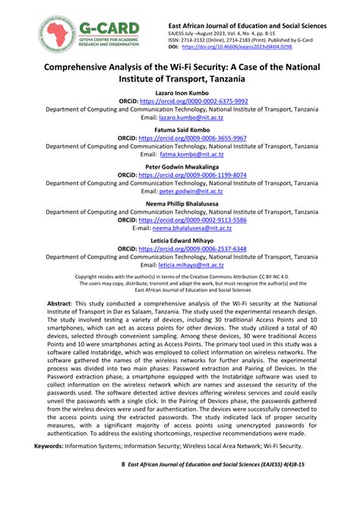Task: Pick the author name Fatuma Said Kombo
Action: (180, 129)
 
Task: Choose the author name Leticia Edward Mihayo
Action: (180, 239)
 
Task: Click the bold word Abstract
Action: (60, 302)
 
